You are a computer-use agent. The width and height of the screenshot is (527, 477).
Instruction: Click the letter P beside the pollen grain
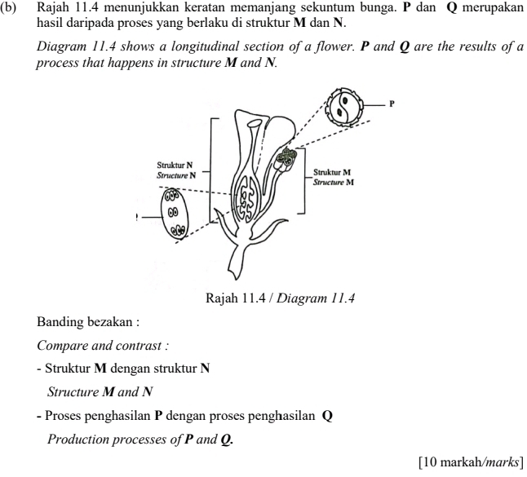click(392, 104)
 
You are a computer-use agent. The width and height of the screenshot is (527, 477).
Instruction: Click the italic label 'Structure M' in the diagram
click(333, 182)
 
